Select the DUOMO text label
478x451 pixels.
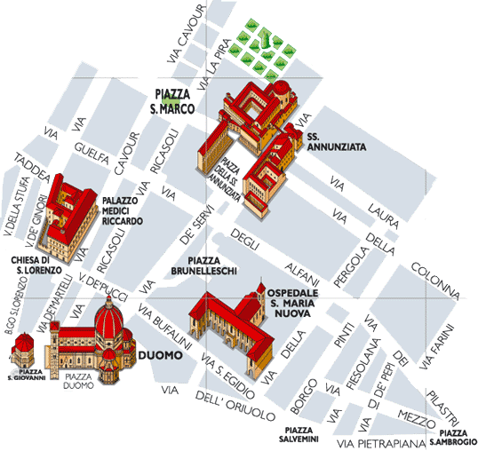[161, 355]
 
